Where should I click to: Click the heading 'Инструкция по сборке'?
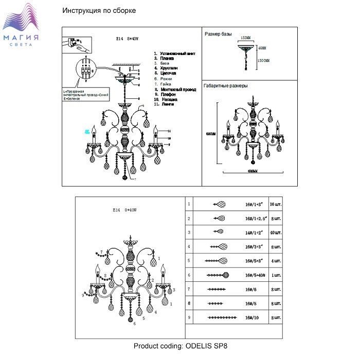(x=99, y=11)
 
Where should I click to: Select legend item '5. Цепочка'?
(x=166, y=74)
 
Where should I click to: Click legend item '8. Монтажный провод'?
(x=175, y=89)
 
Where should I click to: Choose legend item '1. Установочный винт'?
(x=174, y=53)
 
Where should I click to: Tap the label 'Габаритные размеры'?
(x=226, y=86)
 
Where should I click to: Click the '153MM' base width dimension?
(x=246, y=38)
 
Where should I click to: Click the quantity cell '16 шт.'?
(x=276, y=204)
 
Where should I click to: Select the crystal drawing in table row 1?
(x=219, y=204)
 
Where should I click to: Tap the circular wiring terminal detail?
(x=86, y=69)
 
